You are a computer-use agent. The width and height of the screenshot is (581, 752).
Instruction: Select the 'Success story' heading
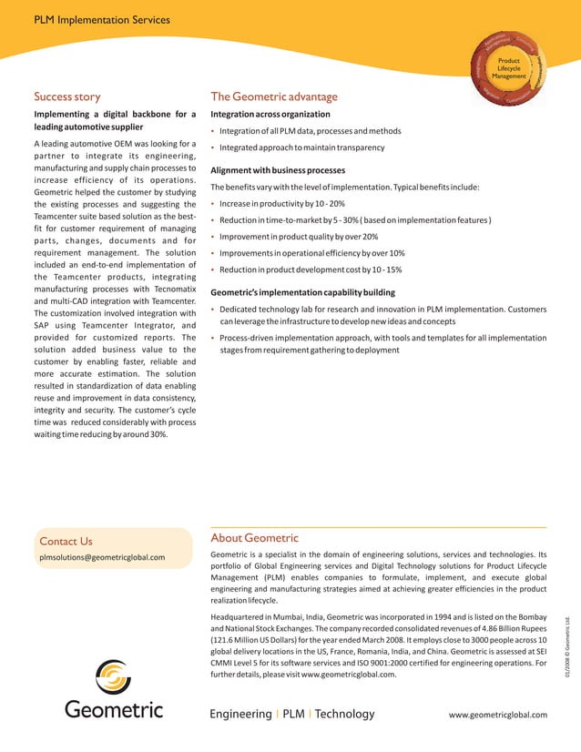point(66,96)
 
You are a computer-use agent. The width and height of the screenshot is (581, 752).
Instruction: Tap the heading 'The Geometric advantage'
point(273,97)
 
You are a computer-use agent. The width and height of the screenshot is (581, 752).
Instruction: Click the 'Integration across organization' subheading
point(270,115)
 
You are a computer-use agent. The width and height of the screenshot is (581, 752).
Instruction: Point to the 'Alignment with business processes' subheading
point(277,170)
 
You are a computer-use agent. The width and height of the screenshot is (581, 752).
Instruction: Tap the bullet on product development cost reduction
point(311,269)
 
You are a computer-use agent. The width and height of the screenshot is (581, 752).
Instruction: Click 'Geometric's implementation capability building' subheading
point(302,293)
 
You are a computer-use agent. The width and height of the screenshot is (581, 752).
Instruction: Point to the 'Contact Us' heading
point(66,542)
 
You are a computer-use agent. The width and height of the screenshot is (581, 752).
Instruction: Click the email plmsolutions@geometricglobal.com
point(102,557)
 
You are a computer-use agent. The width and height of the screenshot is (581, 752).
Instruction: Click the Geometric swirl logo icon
point(113,678)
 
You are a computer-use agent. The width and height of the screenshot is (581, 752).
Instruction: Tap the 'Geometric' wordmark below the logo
point(114,710)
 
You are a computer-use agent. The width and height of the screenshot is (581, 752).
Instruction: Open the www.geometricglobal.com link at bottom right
point(498,715)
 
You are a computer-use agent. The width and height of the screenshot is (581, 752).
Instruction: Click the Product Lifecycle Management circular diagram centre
point(508,68)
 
